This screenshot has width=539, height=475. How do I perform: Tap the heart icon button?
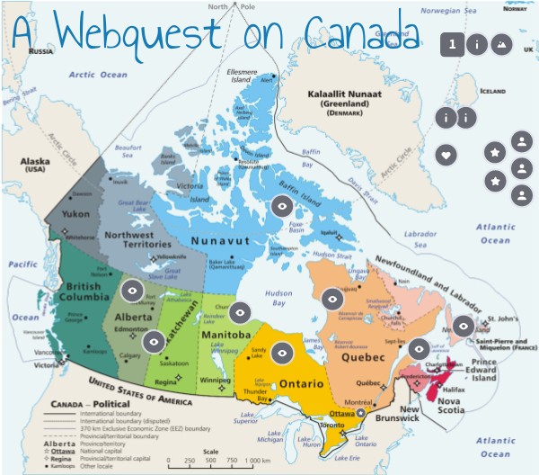(x=446, y=155)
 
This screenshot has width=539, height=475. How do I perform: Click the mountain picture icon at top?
(x=501, y=43)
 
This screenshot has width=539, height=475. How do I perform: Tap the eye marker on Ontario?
(x=283, y=354)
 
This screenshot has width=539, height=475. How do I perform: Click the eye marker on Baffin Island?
(x=281, y=207)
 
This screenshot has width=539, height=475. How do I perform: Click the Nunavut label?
(x=222, y=241)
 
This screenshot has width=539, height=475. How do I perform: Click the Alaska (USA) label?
(x=35, y=165)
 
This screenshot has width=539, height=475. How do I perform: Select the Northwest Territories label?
(x=136, y=239)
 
